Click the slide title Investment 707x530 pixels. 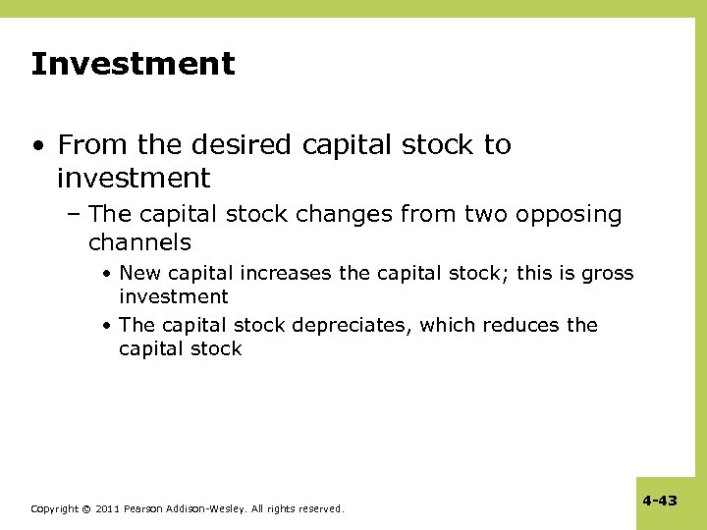(x=133, y=65)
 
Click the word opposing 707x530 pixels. (x=570, y=215)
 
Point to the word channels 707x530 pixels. (x=139, y=241)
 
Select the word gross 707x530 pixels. (x=608, y=273)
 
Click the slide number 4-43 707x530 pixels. (x=660, y=501)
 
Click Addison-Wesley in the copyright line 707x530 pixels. (x=208, y=508)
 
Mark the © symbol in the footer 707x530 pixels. (x=86, y=508)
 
